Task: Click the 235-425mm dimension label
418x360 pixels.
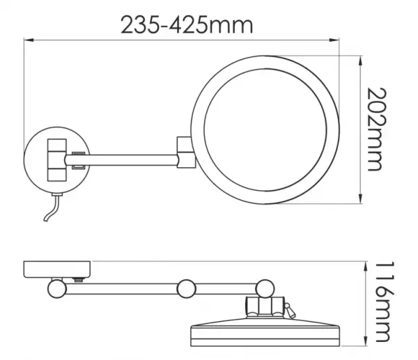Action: tap(187, 25)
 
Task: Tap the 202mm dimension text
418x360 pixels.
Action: tap(376, 129)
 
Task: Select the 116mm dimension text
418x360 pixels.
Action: tap(385, 302)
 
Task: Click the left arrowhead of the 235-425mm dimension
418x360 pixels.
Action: tap(29, 40)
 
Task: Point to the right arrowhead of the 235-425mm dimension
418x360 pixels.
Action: tap(334, 40)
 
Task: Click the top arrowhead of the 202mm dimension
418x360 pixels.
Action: tap(360, 61)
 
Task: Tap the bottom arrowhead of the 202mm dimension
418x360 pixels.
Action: tap(360, 198)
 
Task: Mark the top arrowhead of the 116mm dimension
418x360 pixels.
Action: tap(366, 267)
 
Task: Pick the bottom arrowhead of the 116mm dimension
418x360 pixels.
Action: tap(366, 341)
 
